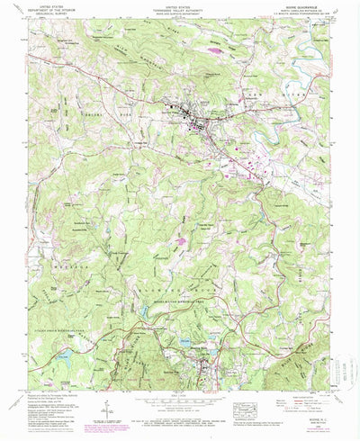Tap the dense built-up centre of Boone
pyautogui.click(x=191, y=115)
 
